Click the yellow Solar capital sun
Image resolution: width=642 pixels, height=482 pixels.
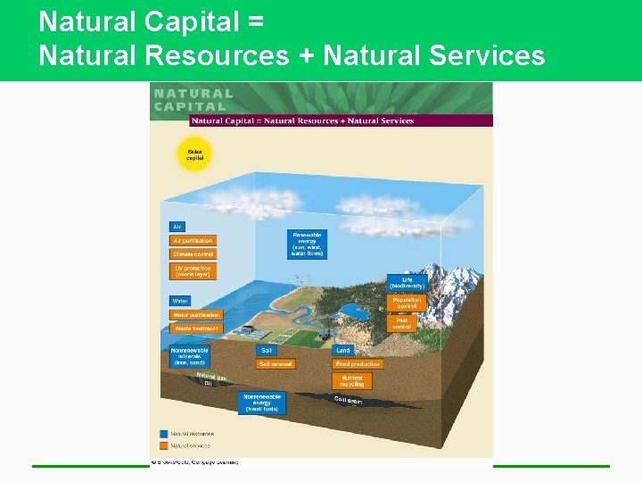coord(193,154)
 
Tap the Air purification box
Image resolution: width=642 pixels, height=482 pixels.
coord(193,240)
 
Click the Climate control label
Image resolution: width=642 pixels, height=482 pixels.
coord(193,254)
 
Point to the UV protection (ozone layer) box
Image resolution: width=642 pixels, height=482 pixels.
coord(192,270)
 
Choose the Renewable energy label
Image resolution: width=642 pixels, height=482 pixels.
coord(307,244)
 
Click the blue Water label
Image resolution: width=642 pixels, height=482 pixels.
coord(180,301)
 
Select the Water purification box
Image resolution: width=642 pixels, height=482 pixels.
coord(196,315)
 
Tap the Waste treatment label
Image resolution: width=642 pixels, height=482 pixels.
coord(195,328)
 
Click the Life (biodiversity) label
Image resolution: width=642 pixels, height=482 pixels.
coord(407,282)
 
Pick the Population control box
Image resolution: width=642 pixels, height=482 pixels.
coord(407,303)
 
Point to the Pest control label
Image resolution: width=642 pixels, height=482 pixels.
coord(401,323)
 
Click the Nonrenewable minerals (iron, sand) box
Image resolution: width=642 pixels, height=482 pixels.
coord(189,357)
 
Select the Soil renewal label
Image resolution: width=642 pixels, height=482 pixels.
coord(275,364)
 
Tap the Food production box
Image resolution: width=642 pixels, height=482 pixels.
coord(358,364)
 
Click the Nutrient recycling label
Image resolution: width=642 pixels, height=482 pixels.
coord(352,381)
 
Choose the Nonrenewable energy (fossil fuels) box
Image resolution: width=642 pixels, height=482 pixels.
coord(262,403)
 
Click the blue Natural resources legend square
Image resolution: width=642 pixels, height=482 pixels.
coord(165,434)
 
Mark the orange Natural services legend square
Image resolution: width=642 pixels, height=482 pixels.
coord(165,444)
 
